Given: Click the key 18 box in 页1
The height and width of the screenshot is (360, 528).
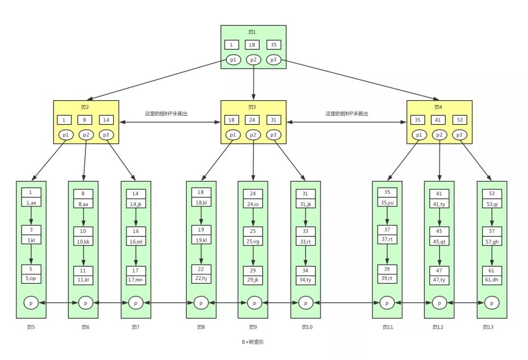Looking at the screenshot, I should pos(252,45).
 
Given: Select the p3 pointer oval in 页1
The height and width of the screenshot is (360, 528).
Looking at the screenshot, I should pos(274,60).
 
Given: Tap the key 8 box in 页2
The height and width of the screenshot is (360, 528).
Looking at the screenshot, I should pos(86,120).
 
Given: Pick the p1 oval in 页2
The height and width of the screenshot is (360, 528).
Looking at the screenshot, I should pos(65,134).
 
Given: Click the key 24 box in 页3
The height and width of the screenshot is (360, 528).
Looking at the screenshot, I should pos(253,120).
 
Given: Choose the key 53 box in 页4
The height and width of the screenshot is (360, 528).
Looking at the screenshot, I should pos(460,120).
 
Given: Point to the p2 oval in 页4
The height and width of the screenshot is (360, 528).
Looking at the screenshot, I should pos(439,134).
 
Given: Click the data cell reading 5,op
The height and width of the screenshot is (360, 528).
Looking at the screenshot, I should pos(31,278).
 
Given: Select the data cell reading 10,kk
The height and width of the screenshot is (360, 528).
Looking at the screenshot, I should pos(83,241).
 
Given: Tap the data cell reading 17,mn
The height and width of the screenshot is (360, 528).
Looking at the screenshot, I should pos(136,280).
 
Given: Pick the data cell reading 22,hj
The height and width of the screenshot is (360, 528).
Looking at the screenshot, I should pos(201,278).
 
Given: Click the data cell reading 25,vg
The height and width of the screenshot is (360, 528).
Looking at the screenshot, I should pos(253,241).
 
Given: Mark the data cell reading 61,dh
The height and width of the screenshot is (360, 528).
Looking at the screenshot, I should pos(492,280).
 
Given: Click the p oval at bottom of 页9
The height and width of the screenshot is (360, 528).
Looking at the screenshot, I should pos(254,303).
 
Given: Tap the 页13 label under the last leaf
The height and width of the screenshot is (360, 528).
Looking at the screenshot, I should pos(488,327).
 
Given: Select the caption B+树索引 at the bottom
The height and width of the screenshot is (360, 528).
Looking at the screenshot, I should pos(252,342).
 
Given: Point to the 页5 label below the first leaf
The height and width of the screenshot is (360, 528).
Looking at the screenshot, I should pos(30,327).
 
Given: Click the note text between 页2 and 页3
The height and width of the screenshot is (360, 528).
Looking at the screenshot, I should pos(166,113).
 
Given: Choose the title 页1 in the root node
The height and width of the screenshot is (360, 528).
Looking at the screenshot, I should pos(252,32).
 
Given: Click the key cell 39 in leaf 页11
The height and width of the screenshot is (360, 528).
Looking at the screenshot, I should pos(387,269).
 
